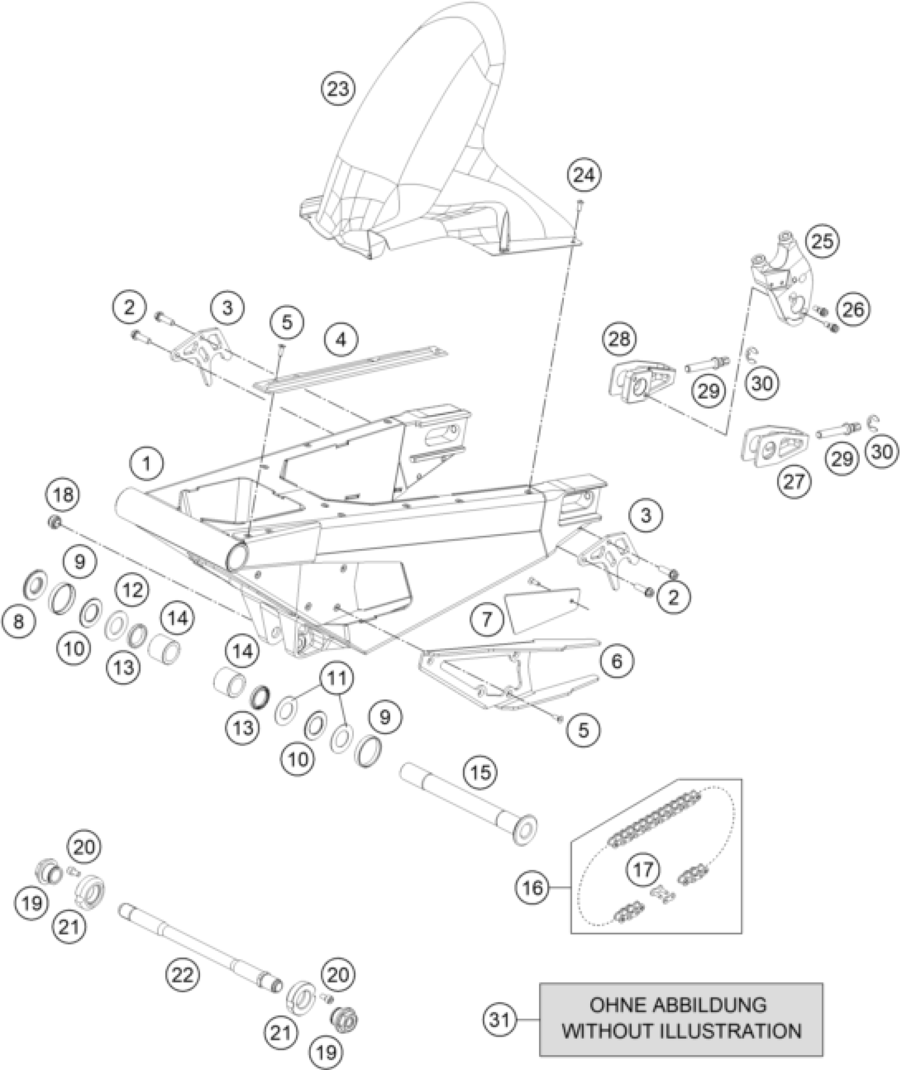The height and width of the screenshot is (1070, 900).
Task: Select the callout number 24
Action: coord(584,175)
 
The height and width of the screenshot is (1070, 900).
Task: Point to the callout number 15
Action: coord(481,772)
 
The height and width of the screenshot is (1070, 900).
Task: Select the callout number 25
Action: coord(822,242)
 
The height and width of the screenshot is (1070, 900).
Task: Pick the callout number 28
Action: coord(620,338)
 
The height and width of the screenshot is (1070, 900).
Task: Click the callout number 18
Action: coord(63,495)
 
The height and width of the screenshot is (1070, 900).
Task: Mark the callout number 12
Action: coord(132,589)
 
